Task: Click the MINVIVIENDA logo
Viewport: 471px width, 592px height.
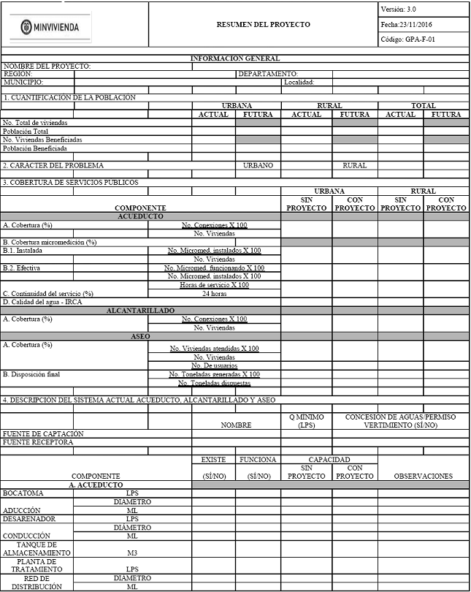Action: [50, 26]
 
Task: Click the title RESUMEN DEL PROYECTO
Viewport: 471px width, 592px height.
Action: [263, 24]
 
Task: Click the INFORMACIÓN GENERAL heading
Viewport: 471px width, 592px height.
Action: [234, 58]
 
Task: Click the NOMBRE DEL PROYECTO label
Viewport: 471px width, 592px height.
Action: [47, 66]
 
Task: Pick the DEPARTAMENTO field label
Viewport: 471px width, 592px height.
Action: [268, 74]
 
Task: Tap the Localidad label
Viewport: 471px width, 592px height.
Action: [299, 82]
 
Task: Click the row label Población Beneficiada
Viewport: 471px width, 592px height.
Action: [34, 148]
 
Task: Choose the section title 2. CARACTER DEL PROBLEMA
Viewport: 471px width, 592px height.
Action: [53, 165]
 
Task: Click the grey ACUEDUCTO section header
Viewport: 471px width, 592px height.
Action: [141, 216]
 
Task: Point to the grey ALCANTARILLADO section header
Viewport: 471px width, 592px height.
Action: [141, 311]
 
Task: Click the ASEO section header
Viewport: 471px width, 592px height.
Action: [141, 336]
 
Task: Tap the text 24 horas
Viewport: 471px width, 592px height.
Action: [214, 293]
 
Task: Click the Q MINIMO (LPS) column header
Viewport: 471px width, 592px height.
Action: [306, 420]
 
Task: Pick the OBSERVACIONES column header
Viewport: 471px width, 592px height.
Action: [423, 476]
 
